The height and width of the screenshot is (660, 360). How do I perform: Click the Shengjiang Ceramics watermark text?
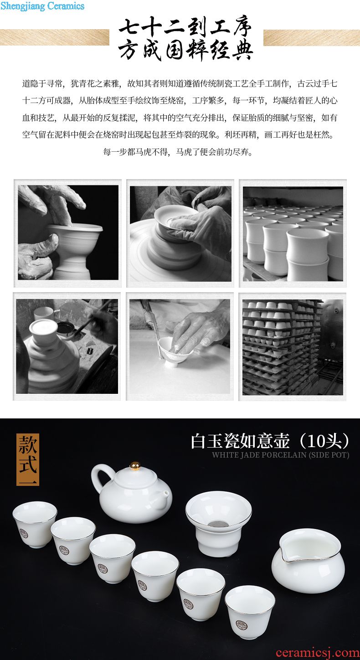(42, 6)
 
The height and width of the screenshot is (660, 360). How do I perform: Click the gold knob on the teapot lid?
(135, 466)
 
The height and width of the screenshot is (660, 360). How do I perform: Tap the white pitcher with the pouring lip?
(308, 560)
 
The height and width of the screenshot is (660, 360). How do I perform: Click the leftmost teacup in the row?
(35, 524)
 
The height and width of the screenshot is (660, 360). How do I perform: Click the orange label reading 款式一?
(28, 459)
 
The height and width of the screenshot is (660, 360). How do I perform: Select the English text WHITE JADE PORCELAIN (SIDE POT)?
(280, 455)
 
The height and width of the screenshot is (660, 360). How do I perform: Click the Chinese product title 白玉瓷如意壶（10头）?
(270, 441)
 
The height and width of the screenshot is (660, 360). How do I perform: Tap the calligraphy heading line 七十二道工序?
(185, 28)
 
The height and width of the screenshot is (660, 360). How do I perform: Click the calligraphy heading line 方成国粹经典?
(185, 50)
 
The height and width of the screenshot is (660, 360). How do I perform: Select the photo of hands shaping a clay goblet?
(68, 232)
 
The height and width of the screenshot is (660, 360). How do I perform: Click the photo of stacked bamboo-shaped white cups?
(293, 234)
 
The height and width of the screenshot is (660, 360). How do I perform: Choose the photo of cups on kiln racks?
(293, 347)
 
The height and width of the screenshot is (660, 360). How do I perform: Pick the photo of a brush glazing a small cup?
(180, 346)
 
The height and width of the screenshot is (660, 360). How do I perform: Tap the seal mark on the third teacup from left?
(103, 569)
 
